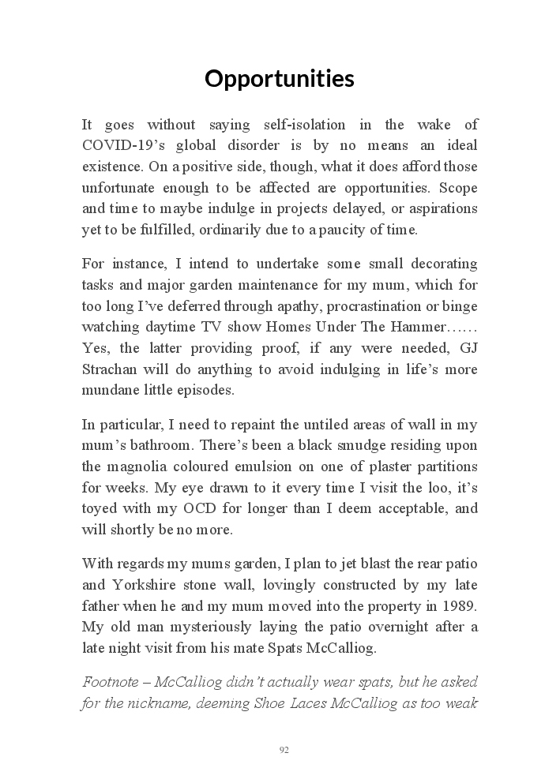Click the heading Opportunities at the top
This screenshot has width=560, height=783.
pos(280,79)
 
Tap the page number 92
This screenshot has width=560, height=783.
pos(284,750)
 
